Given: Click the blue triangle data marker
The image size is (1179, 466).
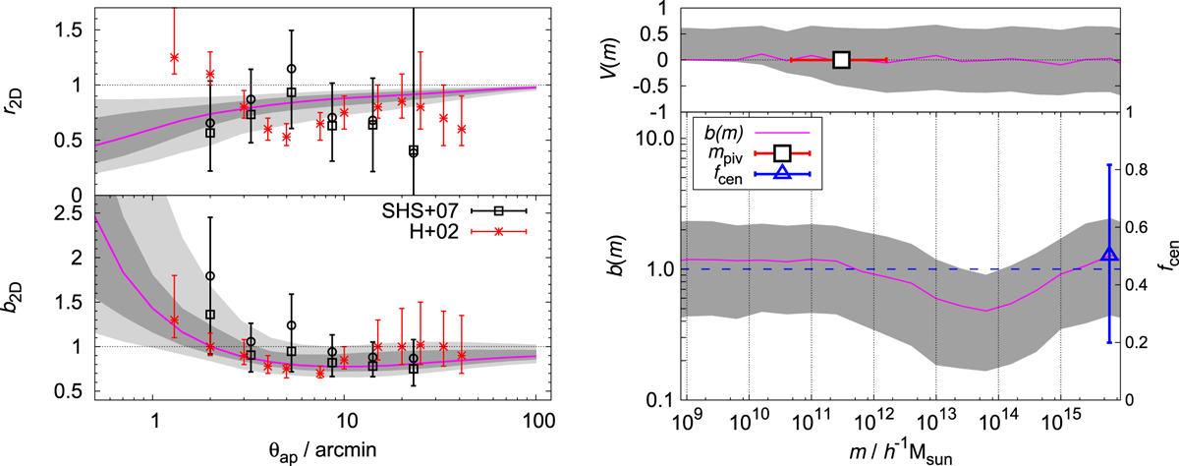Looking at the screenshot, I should [x=1109, y=255].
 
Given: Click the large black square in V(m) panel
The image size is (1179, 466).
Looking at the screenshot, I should [x=841, y=60].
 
